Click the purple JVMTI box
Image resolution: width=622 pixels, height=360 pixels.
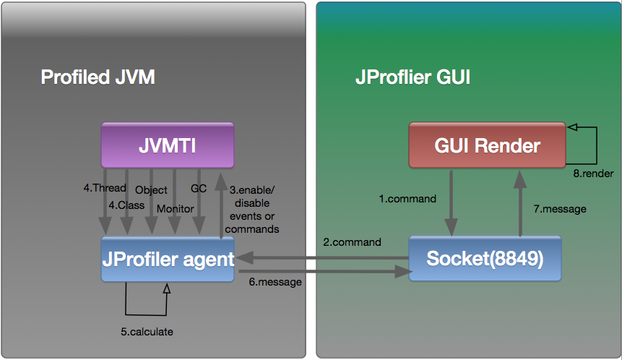pos(168,146)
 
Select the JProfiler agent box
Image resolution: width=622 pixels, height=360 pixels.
pos(168,258)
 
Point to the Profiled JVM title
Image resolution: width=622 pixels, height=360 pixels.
pos(98,77)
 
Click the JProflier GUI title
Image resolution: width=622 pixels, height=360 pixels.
pos(412,77)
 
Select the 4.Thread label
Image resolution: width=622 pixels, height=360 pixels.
pos(105,189)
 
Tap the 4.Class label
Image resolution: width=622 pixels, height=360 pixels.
pos(126,205)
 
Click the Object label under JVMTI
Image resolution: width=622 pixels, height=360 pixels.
pos(152,190)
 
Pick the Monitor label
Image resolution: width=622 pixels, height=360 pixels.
pos(176,209)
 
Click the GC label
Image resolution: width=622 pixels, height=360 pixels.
pos(199,189)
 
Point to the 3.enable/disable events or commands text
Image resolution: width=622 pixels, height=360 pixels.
pos(252,210)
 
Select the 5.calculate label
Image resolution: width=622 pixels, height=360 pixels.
pos(147,332)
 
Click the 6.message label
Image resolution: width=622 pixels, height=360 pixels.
pos(275,283)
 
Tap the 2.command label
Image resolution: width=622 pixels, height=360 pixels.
pos(353,242)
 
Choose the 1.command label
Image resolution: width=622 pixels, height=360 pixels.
pos(407,198)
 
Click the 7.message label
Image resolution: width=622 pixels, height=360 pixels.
pos(560,209)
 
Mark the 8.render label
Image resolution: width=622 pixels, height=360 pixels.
pos(592,173)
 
